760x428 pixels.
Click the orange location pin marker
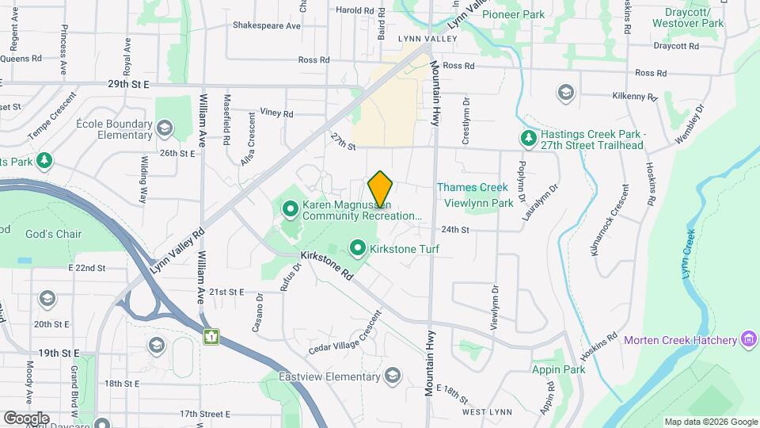[x=380, y=190]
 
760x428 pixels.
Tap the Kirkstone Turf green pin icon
[x=358, y=250]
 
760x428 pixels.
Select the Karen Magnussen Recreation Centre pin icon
[x=290, y=209]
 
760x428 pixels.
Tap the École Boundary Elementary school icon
[x=165, y=128]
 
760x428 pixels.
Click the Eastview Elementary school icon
[x=393, y=377]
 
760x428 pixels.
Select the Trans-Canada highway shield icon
[x=211, y=337]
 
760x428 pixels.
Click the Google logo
[x=26, y=418]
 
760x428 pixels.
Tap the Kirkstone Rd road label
[x=327, y=265]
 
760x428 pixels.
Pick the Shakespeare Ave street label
[x=266, y=25]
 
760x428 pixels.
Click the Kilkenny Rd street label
[x=635, y=97]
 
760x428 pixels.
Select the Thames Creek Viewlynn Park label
[x=475, y=196]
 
